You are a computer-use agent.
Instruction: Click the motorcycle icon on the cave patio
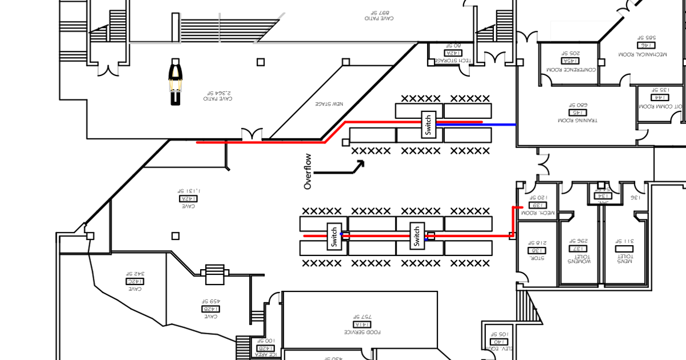(176, 82)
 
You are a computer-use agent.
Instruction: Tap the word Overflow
(308, 171)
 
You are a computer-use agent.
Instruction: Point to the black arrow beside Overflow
(341, 168)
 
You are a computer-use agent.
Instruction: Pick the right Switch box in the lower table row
(417, 235)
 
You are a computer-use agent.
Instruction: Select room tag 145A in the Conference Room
(570, 61)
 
